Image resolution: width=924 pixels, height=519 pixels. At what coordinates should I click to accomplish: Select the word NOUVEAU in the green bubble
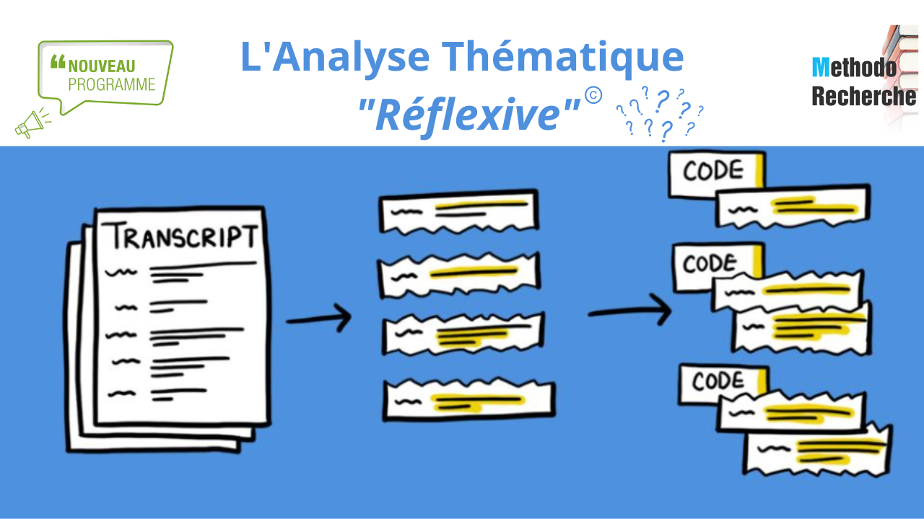[x=102, y=66]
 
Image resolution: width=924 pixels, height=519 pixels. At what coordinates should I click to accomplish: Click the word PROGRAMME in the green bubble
[x=112, y=84]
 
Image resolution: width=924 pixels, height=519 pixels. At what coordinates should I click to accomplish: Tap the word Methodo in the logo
[x=854, y=68]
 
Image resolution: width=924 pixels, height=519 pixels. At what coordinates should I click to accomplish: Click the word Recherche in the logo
[x=863, y=96]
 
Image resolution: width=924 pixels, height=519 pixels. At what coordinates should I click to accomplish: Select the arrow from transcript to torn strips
[x=318, y=318]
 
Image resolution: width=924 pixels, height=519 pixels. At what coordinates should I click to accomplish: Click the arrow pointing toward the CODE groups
[x=629, y=311]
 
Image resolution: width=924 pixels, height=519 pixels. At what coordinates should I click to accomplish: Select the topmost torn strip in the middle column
[x=459, y=210]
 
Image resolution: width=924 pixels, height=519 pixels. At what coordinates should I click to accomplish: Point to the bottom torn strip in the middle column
[x=468, y=399]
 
